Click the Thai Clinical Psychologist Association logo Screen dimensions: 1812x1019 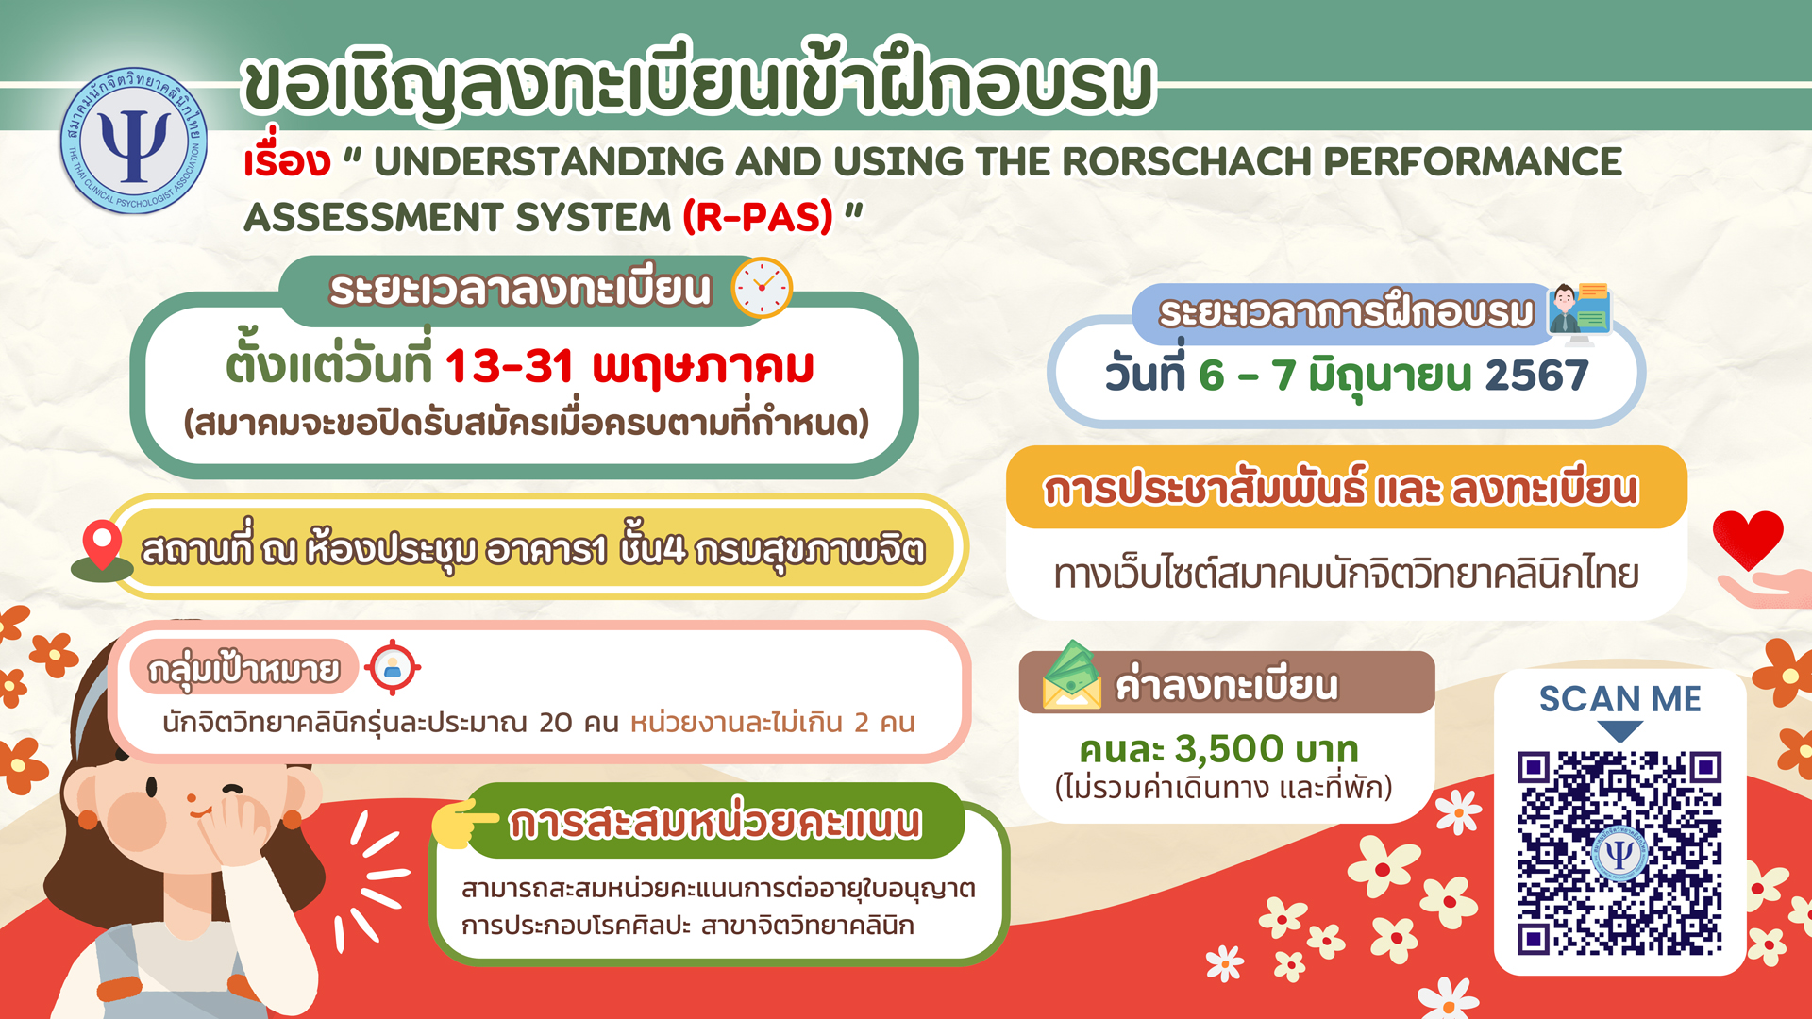pos(134,141)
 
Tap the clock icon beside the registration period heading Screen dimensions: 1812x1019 pos(762,288)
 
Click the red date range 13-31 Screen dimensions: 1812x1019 pos(509,366)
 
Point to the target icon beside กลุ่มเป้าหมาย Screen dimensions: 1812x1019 pos(393,667)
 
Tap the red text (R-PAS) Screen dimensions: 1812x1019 pos(758,217)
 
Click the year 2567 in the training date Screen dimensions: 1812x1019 pos(1536,375)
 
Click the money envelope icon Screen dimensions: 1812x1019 pos(1072,675)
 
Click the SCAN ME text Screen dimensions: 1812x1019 pos(1619,699)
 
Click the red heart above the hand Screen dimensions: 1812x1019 pos(1748,539)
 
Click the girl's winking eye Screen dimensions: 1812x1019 pos(232,791)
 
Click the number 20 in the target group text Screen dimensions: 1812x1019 pos(556,723)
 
